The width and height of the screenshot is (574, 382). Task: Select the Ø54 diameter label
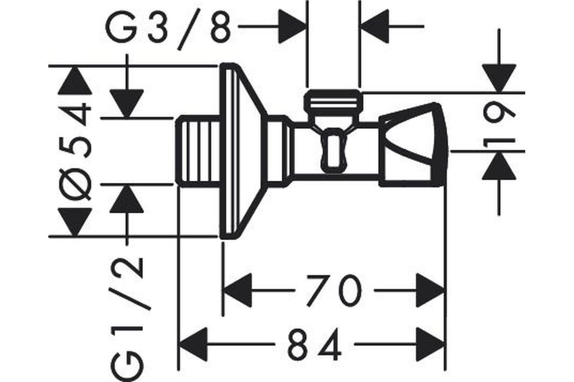75,151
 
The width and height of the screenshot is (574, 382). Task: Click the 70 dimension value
334,291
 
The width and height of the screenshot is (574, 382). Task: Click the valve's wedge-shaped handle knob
413,145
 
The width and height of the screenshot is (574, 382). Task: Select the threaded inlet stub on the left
199,151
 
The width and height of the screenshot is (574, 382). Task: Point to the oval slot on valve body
334,150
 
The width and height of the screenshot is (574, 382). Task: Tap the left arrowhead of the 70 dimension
237,290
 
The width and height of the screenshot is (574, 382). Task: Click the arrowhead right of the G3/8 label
293,26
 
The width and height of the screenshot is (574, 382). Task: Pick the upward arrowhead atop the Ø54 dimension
75,80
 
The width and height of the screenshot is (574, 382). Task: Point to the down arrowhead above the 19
499,78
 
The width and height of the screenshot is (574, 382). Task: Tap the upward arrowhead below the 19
499,166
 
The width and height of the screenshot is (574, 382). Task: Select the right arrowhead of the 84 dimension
430,344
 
